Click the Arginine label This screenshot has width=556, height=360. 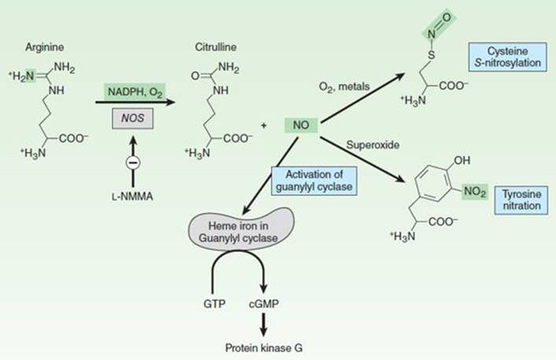(x=44, y=47)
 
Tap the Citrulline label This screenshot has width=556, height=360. (x=215, y=47)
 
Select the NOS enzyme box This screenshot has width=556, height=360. (x=133, y=118)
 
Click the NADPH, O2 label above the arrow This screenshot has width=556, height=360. (x=134, y=92)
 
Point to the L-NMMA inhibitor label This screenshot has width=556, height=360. (x=132, y=197)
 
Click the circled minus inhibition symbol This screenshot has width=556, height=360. (x=133, y=163)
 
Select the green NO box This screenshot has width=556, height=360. (x=301, y=125)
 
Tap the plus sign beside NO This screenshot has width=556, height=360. (x=263, y=126)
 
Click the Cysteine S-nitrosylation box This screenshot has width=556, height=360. (x=507, y=57)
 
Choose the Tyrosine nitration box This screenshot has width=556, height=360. (x=521, y=200)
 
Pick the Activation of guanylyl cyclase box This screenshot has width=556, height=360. (x=314, y=181)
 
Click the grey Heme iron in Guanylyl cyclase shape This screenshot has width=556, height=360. (x=241, y=230)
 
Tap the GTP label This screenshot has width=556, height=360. (x=215, y=304)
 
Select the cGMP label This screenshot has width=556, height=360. (x=263, y=304)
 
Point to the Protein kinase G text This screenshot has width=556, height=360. (x=264, y=348)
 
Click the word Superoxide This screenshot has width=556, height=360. (x=373, y=145)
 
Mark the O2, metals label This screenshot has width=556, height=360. (x=344, y=86)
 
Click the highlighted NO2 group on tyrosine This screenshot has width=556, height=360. (x=475, y=192)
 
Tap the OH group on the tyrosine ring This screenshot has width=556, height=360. (x=462, y=160)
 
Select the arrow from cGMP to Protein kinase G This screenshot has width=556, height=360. (x=263, y=325)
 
